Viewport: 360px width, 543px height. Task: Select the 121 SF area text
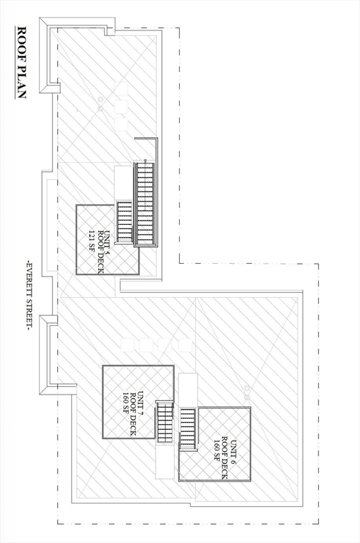(92, 241)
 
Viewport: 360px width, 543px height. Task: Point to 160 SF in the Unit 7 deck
(126, 404)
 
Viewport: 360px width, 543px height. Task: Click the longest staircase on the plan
(145, 204)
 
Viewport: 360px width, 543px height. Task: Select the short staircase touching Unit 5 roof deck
(124, 221)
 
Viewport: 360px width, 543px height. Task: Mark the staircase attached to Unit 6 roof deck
(188, 429)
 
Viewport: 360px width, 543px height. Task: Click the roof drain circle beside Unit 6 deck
(247, 388)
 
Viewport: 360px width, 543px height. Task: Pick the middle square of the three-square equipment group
(121, 106)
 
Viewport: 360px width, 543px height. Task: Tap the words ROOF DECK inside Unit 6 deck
(224, 458)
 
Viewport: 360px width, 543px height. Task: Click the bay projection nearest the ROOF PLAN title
(50, 55)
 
